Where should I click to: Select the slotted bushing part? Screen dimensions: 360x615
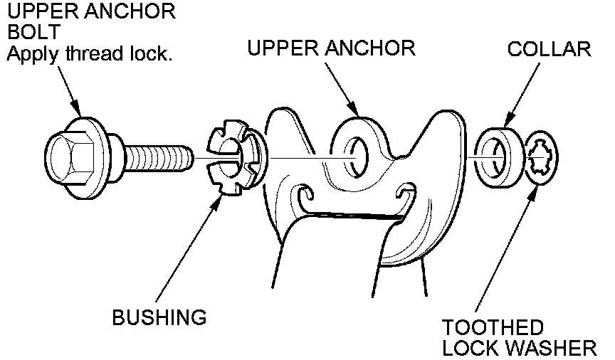click(231, 157)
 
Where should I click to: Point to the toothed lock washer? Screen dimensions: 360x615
click(544, 161)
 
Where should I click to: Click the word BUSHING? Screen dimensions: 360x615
click(159, 317)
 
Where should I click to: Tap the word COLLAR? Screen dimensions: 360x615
click(549, 50)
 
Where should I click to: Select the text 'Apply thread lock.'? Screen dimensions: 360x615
click(90, 55)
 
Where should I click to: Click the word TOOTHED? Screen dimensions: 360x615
click(493, 329)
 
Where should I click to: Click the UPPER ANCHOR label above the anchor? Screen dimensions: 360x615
click(331, 49)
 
